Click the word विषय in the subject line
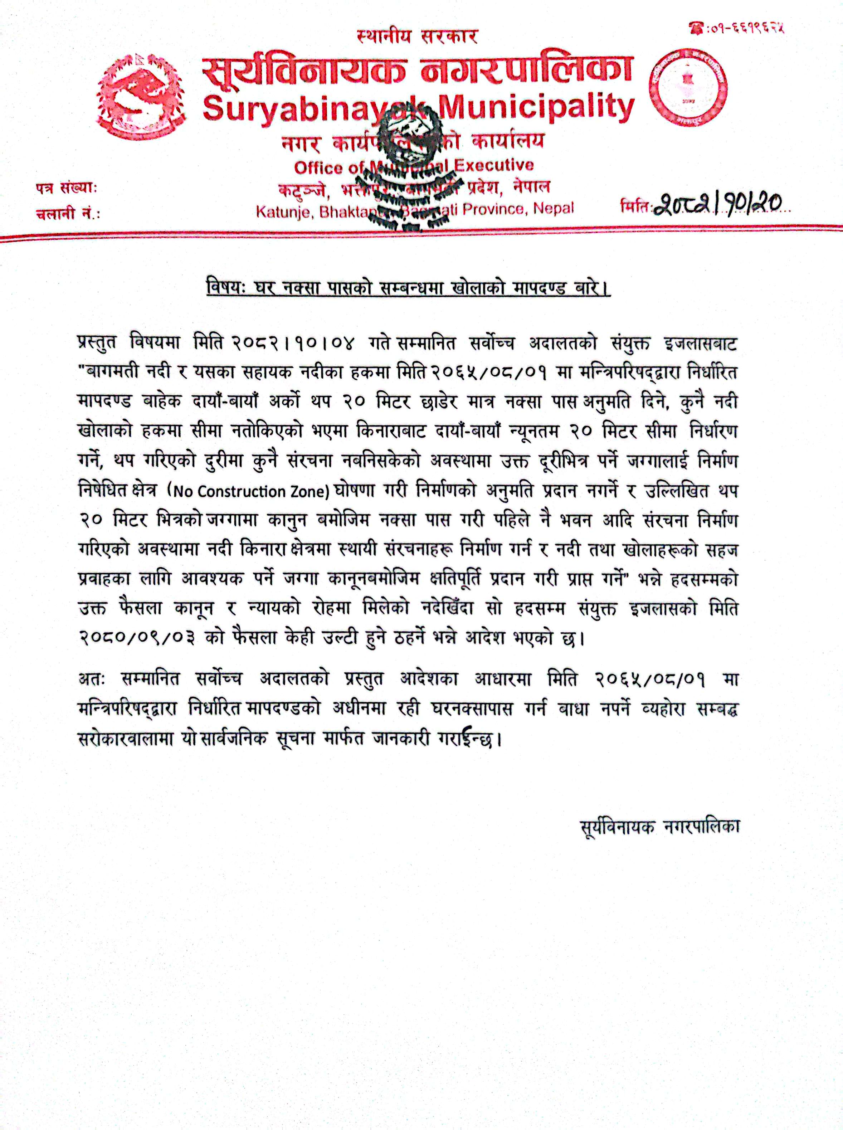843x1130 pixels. (218, 288)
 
